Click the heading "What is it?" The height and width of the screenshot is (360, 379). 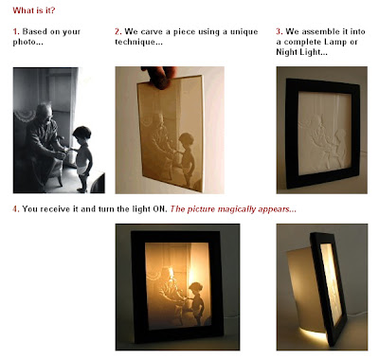click(34, 10)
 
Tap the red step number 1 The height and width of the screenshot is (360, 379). click(16, 31)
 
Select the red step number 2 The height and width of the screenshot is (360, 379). click(118, 31)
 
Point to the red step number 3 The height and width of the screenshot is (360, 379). click(280, 31)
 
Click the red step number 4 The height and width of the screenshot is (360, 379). click(16, 209)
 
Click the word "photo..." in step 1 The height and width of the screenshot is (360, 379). click(27, 43)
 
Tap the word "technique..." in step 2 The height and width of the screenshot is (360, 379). click(138, 42)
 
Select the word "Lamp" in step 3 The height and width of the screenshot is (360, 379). click(332, 42)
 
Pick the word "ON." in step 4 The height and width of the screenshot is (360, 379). click(160, 209)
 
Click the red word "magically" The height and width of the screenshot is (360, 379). click(237, 209)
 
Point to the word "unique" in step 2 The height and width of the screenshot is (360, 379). click(244, 32)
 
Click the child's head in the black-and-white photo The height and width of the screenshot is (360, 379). click(82, 133)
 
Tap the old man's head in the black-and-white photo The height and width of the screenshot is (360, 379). click(45, 111)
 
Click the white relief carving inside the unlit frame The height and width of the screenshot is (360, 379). click(325, 133)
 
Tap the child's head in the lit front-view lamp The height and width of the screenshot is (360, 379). click(196, 289)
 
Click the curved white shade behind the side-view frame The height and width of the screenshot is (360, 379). click(303, 284)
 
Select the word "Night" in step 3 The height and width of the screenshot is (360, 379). click(286, 52)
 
